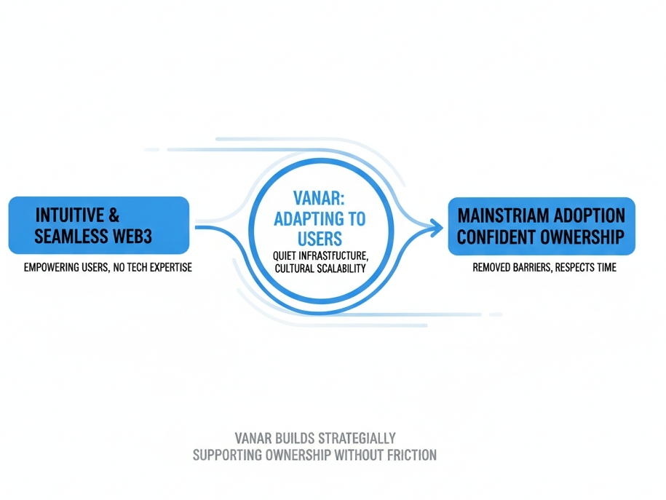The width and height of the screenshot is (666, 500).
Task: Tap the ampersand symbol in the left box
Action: [x=115, y=215]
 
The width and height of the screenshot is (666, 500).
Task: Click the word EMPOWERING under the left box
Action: [x=54, y=268]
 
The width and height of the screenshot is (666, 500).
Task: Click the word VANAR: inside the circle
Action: [x=321, y=197]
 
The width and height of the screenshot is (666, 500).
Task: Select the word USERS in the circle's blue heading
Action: [x=320, y=239]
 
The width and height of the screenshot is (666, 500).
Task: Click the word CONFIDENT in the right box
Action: [x=494, y=237]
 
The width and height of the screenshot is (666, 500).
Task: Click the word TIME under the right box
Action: [x=603, y=268]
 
